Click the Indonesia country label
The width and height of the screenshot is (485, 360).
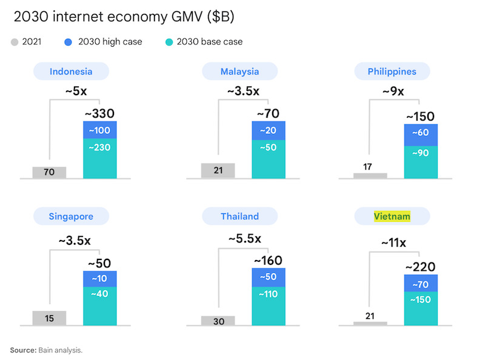pos(71,72)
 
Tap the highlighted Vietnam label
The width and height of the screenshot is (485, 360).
pos(392,216)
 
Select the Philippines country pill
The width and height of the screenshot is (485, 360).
pos(392,72)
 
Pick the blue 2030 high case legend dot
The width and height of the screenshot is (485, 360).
pos(67,42)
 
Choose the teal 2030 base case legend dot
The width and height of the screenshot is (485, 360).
pos(170,42)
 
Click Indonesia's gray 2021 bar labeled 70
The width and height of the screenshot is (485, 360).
pos(49,172)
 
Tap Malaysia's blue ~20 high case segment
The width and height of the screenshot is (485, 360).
pos(268,130)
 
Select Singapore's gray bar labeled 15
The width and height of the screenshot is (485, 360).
pos(49,318)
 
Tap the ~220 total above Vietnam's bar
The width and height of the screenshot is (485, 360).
pos(421,266)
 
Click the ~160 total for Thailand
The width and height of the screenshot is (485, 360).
pos(268,261)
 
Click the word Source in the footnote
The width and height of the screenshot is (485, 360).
pos(23,350)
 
